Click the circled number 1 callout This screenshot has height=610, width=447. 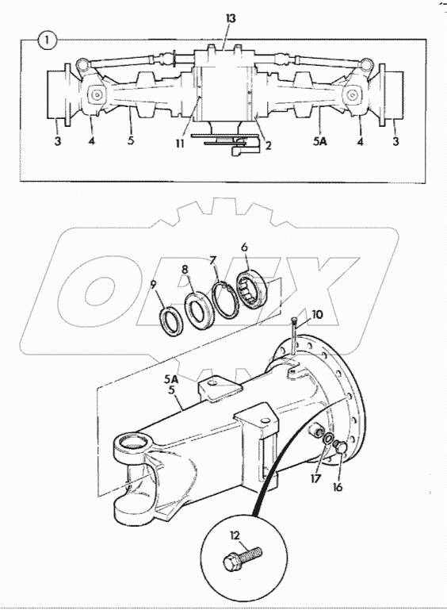pos(47,40)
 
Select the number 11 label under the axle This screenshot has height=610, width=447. pos(179,143)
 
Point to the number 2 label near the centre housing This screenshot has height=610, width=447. pos(268,145)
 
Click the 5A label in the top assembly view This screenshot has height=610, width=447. pos(320,142)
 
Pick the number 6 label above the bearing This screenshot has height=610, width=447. pos(244,247)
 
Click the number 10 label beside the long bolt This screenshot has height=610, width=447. pos(317,314)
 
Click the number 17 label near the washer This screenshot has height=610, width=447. pos(315,478)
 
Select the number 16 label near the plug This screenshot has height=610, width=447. pos(338,486)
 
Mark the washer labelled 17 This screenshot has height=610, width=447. pos(328,439)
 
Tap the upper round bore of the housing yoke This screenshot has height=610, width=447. pos(132,443)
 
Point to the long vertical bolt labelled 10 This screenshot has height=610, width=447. pos(293,336)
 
